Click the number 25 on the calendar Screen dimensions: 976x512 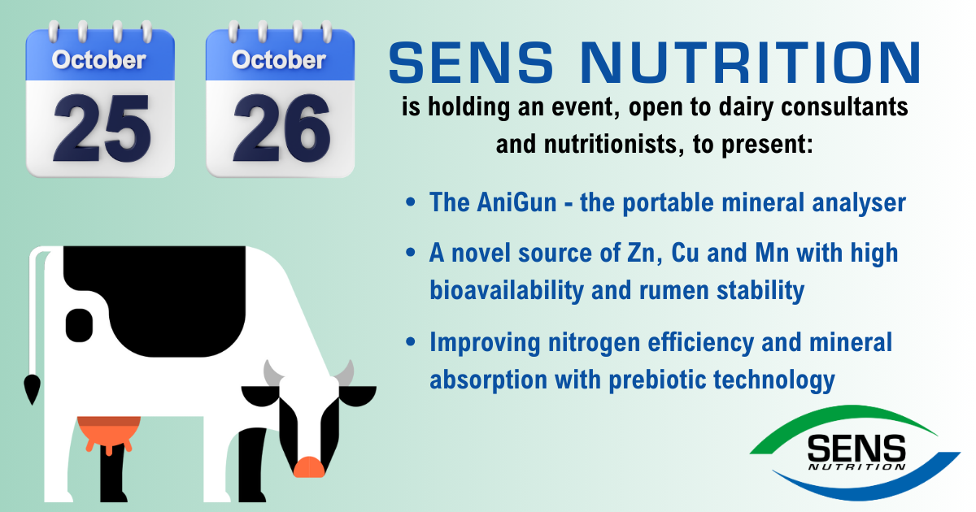click(x=102, y=129)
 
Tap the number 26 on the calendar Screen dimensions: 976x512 click(x=281, y=129)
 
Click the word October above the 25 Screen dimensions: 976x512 click(x=99, y=60)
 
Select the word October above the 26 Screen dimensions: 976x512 click(x=279, y=60)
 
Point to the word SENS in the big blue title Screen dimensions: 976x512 click(x=471, y=63)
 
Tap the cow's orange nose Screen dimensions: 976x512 click(x=309, y=466)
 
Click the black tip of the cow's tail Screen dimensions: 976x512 click(x=32, y=388)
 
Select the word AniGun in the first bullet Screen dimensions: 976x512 click(x=516, y=202)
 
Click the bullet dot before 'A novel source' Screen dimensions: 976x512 click(x=410, y=253)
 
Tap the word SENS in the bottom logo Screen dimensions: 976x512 click(x=856, y=449)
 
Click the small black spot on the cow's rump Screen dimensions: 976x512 click(x=79, y=325)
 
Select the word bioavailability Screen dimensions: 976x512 click(x=507, y=290)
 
